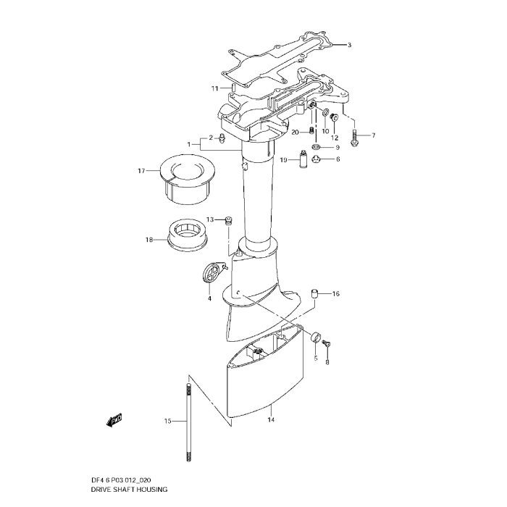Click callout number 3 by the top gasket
pos(348,45)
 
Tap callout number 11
pos(215,88)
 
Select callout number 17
pos(141,171)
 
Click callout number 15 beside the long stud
pos(167,421)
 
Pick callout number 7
pos(374,135)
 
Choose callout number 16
pos(335,294)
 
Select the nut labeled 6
pos(317,159)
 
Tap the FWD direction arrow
pos(114,420)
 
